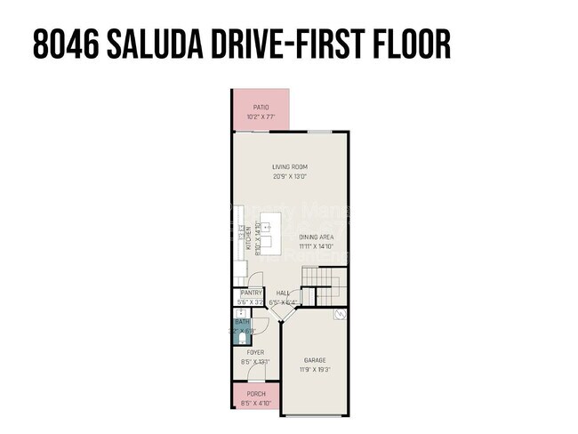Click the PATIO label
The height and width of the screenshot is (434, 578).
(x=261, y=108)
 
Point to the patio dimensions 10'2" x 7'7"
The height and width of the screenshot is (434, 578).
(x=261, y=117)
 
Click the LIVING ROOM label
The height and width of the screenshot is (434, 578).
(x=289, y=166)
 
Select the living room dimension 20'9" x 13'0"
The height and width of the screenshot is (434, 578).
(x=289, y=176)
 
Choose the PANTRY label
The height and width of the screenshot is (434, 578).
(x=251, y=293)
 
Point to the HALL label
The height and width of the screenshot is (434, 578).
(x=283, y=293)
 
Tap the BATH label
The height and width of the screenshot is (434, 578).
(x=241, y=322)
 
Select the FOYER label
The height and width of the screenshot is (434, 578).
(x=254, y=352)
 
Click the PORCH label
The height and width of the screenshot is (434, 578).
(x=256, y=394)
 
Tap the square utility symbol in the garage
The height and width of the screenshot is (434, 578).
(x=340, y=315)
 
